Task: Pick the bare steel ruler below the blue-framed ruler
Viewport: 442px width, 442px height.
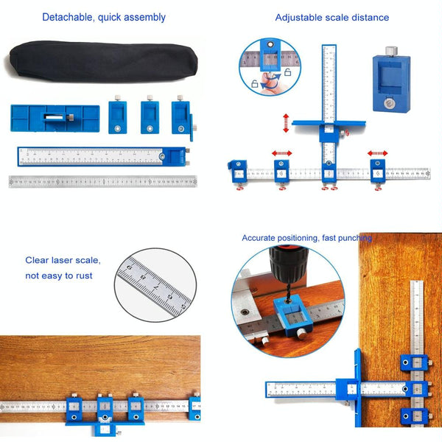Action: pos(103,181)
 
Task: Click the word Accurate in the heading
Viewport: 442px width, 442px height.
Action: pos(261,238)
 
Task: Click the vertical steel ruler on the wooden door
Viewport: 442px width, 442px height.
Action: pos(416,324)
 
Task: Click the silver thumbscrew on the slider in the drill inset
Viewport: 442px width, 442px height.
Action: pos(301,334)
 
